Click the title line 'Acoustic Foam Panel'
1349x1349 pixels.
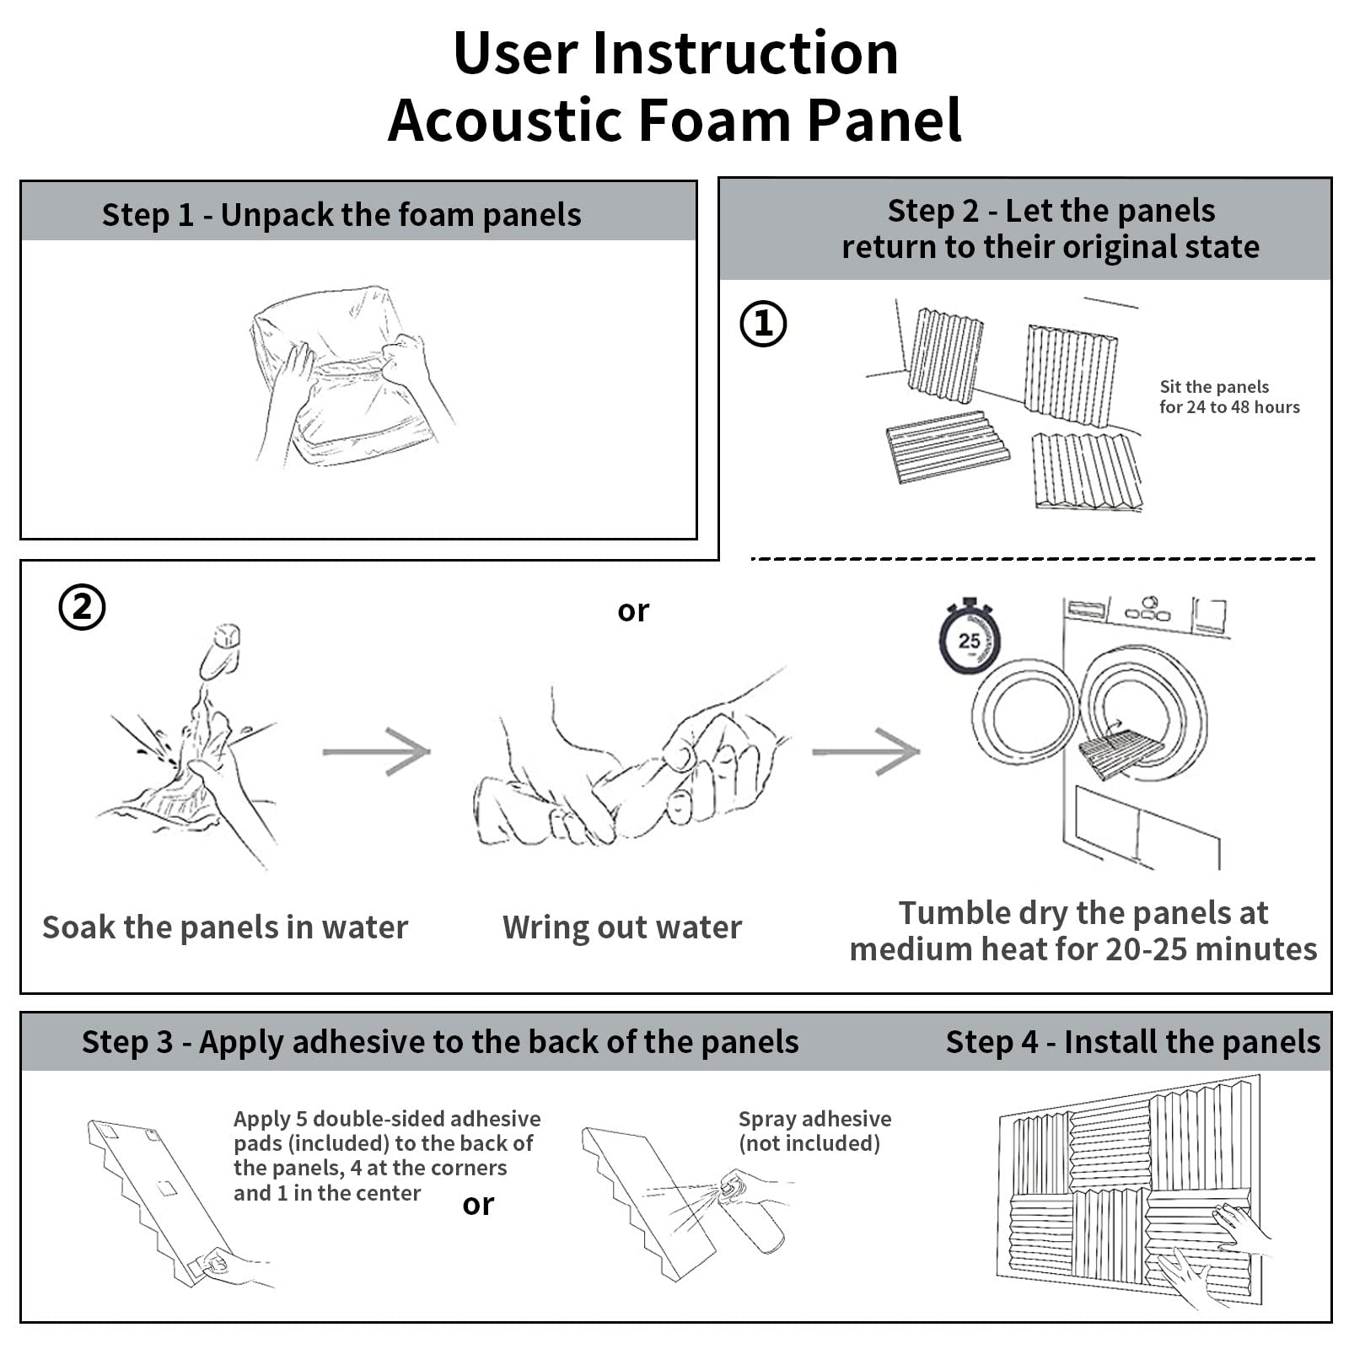(x=674, y=121)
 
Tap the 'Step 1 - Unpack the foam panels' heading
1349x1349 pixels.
(x=341, y=215)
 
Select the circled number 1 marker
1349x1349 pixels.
(x=763, y=324)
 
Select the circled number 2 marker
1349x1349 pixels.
(x=82, y=607)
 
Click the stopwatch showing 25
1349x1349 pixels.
(x=970, y=639)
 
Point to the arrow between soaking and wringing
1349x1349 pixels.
(x=377, y=750)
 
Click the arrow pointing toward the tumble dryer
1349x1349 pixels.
(x=866, y=750)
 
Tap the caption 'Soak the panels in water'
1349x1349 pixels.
(x=225, y=927)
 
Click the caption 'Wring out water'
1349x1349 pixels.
(x=622, y=927)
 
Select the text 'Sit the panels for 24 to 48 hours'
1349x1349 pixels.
(x=1228, y=397)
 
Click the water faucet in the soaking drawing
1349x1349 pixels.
(x=221, y=649)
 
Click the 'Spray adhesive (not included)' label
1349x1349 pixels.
(x=814, y=1131)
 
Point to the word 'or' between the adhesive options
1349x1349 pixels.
(x=478, y=1205)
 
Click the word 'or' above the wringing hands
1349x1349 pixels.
(x=633, y=610)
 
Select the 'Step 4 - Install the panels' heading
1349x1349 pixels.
(x=1132, y=1042)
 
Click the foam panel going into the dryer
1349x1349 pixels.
(x=1120, y=750)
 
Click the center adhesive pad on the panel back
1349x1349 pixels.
(x=166, y=1189)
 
